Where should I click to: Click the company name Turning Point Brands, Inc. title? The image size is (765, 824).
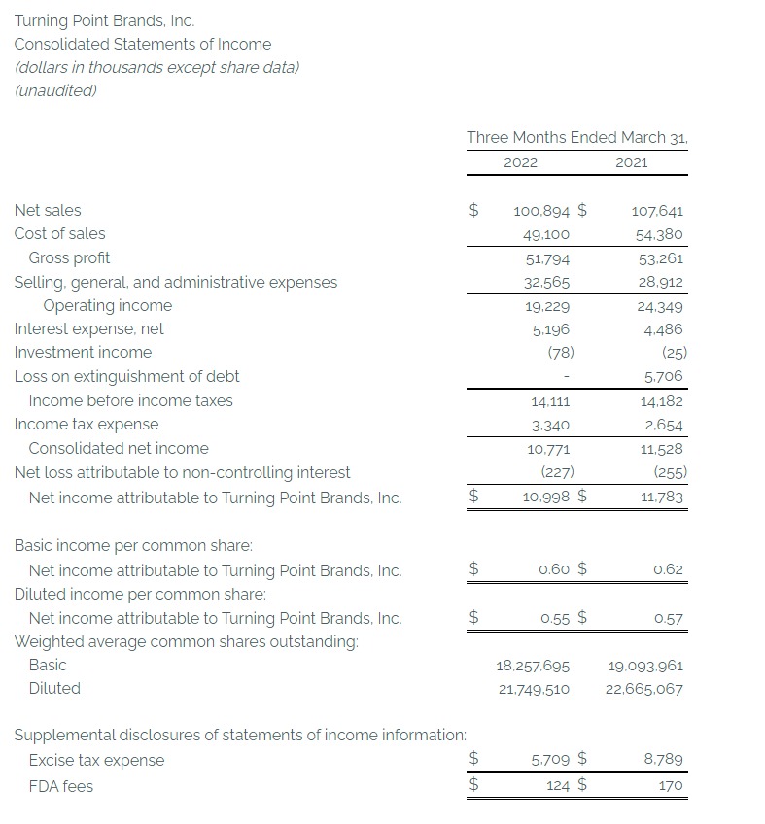[x=97, y=19]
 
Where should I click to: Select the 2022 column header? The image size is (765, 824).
[x=520, y=162]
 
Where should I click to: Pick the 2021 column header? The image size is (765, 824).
[x=631, y=162]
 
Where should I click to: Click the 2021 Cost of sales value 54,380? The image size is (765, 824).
[x=657, y=234]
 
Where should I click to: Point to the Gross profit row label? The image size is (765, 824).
[x=69, y=257]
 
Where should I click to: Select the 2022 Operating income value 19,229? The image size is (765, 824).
[x=550, y=306]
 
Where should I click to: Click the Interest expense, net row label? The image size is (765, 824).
[x=88, y=328]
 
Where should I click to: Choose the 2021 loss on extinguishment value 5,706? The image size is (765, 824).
[x=663, y=376]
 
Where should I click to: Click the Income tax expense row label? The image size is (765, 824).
[x=86, y=424]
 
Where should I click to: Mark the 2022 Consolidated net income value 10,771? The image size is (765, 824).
[x=549, y=449]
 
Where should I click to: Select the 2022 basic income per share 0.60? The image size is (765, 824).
[x=553, y=569]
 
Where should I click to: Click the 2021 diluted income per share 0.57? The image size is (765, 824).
[x=668, y=618]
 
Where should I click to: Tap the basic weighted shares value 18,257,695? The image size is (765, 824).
[x=533, y=666]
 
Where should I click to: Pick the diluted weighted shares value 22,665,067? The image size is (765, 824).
[x=643, y=689]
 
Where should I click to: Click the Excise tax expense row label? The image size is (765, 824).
[x=96, y=760]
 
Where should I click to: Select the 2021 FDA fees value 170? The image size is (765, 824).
[x=671, y=785]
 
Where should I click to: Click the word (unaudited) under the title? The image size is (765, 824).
[x=55, y=90]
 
